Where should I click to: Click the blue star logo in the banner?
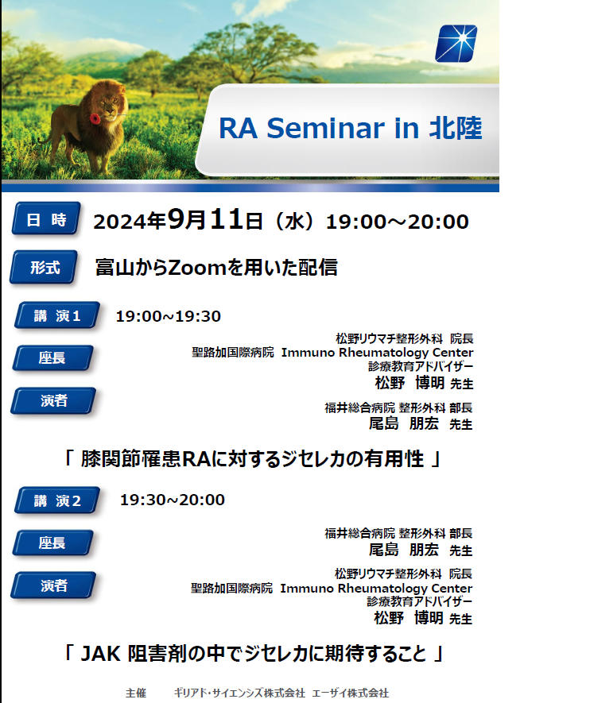click(x=456, y=44)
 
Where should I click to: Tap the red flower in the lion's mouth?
click(x=95, y=118)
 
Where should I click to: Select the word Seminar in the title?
click(x=326, y=128)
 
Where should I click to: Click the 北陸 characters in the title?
click(x=456, y=128)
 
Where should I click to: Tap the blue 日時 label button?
click(x=47, y=218)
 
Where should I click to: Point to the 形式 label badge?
click(x=44, y=267)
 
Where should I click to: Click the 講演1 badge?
click(x=57, y=315)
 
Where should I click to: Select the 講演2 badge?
click(x=57, y=500)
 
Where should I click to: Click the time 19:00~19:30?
click(x=169, y=316)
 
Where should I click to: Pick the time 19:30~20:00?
click(x=173, y=500)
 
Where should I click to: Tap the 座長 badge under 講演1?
click(x=52, y=357)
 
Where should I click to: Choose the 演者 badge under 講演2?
click(x=53, y=585)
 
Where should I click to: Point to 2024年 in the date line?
click(x=130, y=221)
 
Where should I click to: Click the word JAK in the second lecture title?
click(x=100, y=654)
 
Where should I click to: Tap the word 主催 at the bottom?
click(x=136, y=693)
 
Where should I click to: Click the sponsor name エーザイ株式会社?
click(x=351, y=693)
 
